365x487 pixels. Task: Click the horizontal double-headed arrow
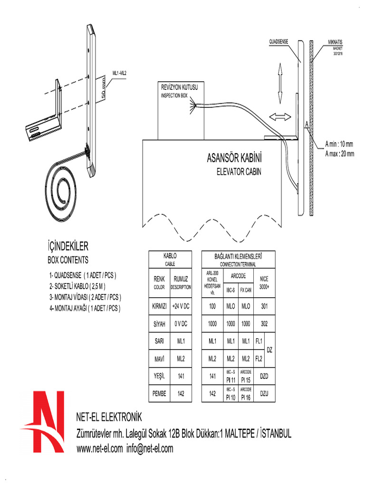(x=279, y=116)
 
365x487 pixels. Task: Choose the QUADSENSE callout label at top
(x=279, y=42)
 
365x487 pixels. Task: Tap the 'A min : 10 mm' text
(x=339, y=144)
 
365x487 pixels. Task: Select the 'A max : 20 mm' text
(x=339, y=153)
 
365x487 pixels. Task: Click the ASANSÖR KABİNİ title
(x=235, y=157)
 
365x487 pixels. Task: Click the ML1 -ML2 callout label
(x=119, y=73)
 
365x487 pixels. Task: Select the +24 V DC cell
(x=181, y=307)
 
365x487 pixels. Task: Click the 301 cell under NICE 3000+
(x=264, y=307)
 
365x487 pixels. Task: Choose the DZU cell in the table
(x=264, y=394)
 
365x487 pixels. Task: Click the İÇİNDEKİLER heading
(x=68, y=246)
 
